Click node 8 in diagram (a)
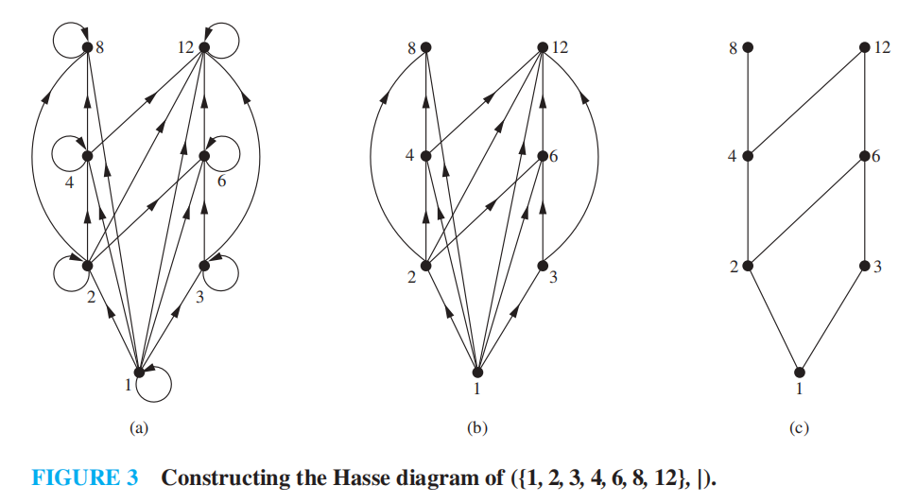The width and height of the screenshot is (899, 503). click(x=87, y=47)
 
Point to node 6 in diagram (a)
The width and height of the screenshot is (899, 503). click(x=204, y=156)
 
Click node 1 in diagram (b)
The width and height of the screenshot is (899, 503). click(x=478, y=372)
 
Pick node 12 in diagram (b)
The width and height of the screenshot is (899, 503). click(x=542, y=47)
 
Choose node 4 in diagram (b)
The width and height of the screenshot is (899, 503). click(x=425, y=156)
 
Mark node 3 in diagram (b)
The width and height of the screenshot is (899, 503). click(x=542, y=266)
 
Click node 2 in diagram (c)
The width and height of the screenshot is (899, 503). click(x=747, y=266)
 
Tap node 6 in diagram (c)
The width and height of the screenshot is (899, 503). click(x=864, y=156)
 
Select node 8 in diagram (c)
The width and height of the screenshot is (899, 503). click(x=747, y=47)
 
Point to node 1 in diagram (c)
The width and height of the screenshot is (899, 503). click(x=801, y=372)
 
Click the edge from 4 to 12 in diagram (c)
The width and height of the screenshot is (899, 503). click(x=805, y=101)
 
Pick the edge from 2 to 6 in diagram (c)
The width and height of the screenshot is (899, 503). click(x=805, y=211)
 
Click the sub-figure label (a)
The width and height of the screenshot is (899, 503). click(x=139, y=428)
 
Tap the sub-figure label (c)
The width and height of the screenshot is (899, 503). click(x=800, y=428)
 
